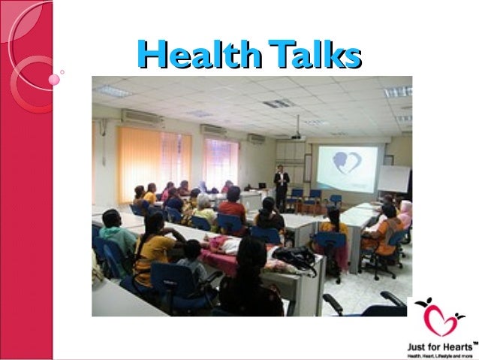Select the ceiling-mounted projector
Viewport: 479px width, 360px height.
click(297, 135)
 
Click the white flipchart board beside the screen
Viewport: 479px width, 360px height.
click(393, 180)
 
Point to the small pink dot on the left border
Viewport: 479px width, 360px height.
click(53, 78)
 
